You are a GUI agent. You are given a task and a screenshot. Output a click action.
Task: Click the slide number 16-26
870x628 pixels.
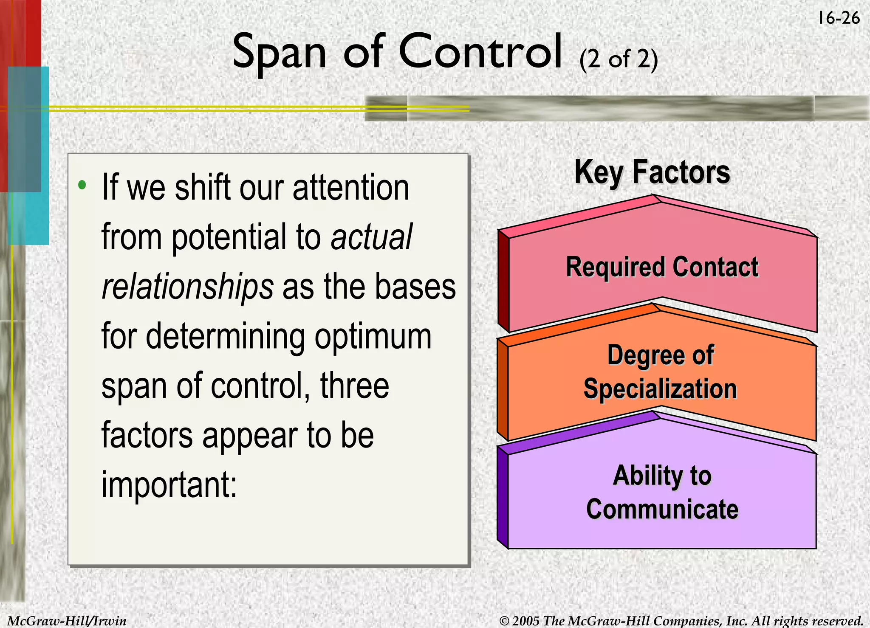pyautogui.click(x=839, y=18)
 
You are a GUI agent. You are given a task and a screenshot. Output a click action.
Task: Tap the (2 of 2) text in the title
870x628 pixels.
pyautogui.click(x=619, y=59)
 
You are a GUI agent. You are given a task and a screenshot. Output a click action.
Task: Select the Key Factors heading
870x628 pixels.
pyautogui.click(x=652, y=172)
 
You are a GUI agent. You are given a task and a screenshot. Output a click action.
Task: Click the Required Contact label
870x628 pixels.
pyautogui.click(x=662, y=267)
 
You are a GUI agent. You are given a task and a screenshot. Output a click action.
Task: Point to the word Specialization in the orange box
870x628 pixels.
pyautogui.click(x=660, y=389)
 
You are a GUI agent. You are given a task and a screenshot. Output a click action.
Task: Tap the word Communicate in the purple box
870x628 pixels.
pyautogui.click(x=662, y=509)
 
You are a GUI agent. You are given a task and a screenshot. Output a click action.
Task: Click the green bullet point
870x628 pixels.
pyautogui.click(x=82, y=185)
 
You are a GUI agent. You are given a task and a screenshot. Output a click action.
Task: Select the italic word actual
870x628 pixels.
pyautogui.click(x=371, y=237)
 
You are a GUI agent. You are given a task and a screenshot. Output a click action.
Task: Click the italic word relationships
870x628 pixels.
pyautogui.click(x=187, y=287)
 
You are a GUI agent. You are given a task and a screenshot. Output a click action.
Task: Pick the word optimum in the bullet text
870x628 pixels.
pyautogui.click(x=373, y=336)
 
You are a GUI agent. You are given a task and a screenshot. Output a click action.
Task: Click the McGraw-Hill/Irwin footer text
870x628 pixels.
pyautogui.click(x=67, y=621)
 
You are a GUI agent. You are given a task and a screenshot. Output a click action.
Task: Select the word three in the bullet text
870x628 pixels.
pyautogui.click(x=354, y=386)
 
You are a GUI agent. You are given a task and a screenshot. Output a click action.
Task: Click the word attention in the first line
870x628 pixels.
pyautogui.click(x=351, y=188)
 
